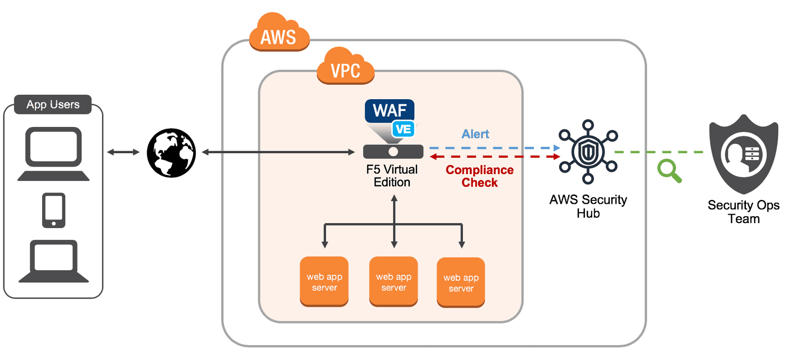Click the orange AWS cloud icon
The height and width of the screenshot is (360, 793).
(x=279, y=34)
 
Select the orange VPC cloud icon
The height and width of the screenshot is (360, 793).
(x=345, y=67)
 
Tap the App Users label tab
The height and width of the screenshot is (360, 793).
(x=53, y=105)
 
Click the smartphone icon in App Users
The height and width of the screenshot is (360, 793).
(x=54, y=210)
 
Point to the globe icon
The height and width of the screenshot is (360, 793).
(x=171, y=153)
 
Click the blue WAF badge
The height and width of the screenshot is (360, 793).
(x=389, y=111)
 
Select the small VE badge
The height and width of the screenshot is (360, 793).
(x=403, y=129)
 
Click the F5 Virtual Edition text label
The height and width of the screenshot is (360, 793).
(x=392, y=176)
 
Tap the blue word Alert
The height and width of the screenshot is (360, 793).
(x=475, y=134)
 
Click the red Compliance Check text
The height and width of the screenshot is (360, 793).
(x=479, y=176)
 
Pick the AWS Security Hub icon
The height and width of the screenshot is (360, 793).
(x=588, y=152)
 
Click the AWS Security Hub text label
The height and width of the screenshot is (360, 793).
(x=588, y=206)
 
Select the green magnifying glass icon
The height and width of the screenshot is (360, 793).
(x=669, y=171)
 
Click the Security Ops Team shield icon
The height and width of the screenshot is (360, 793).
(x=743, y=154)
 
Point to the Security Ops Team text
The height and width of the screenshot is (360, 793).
(x=743, y=212)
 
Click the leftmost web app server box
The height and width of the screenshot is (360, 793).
(x=324, y=281)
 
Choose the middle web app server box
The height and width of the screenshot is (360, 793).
(x=394, y=281)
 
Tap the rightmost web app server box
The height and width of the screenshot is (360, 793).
(x=461, y=282)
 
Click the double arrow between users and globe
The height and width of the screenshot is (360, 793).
(x=123, y=152)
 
